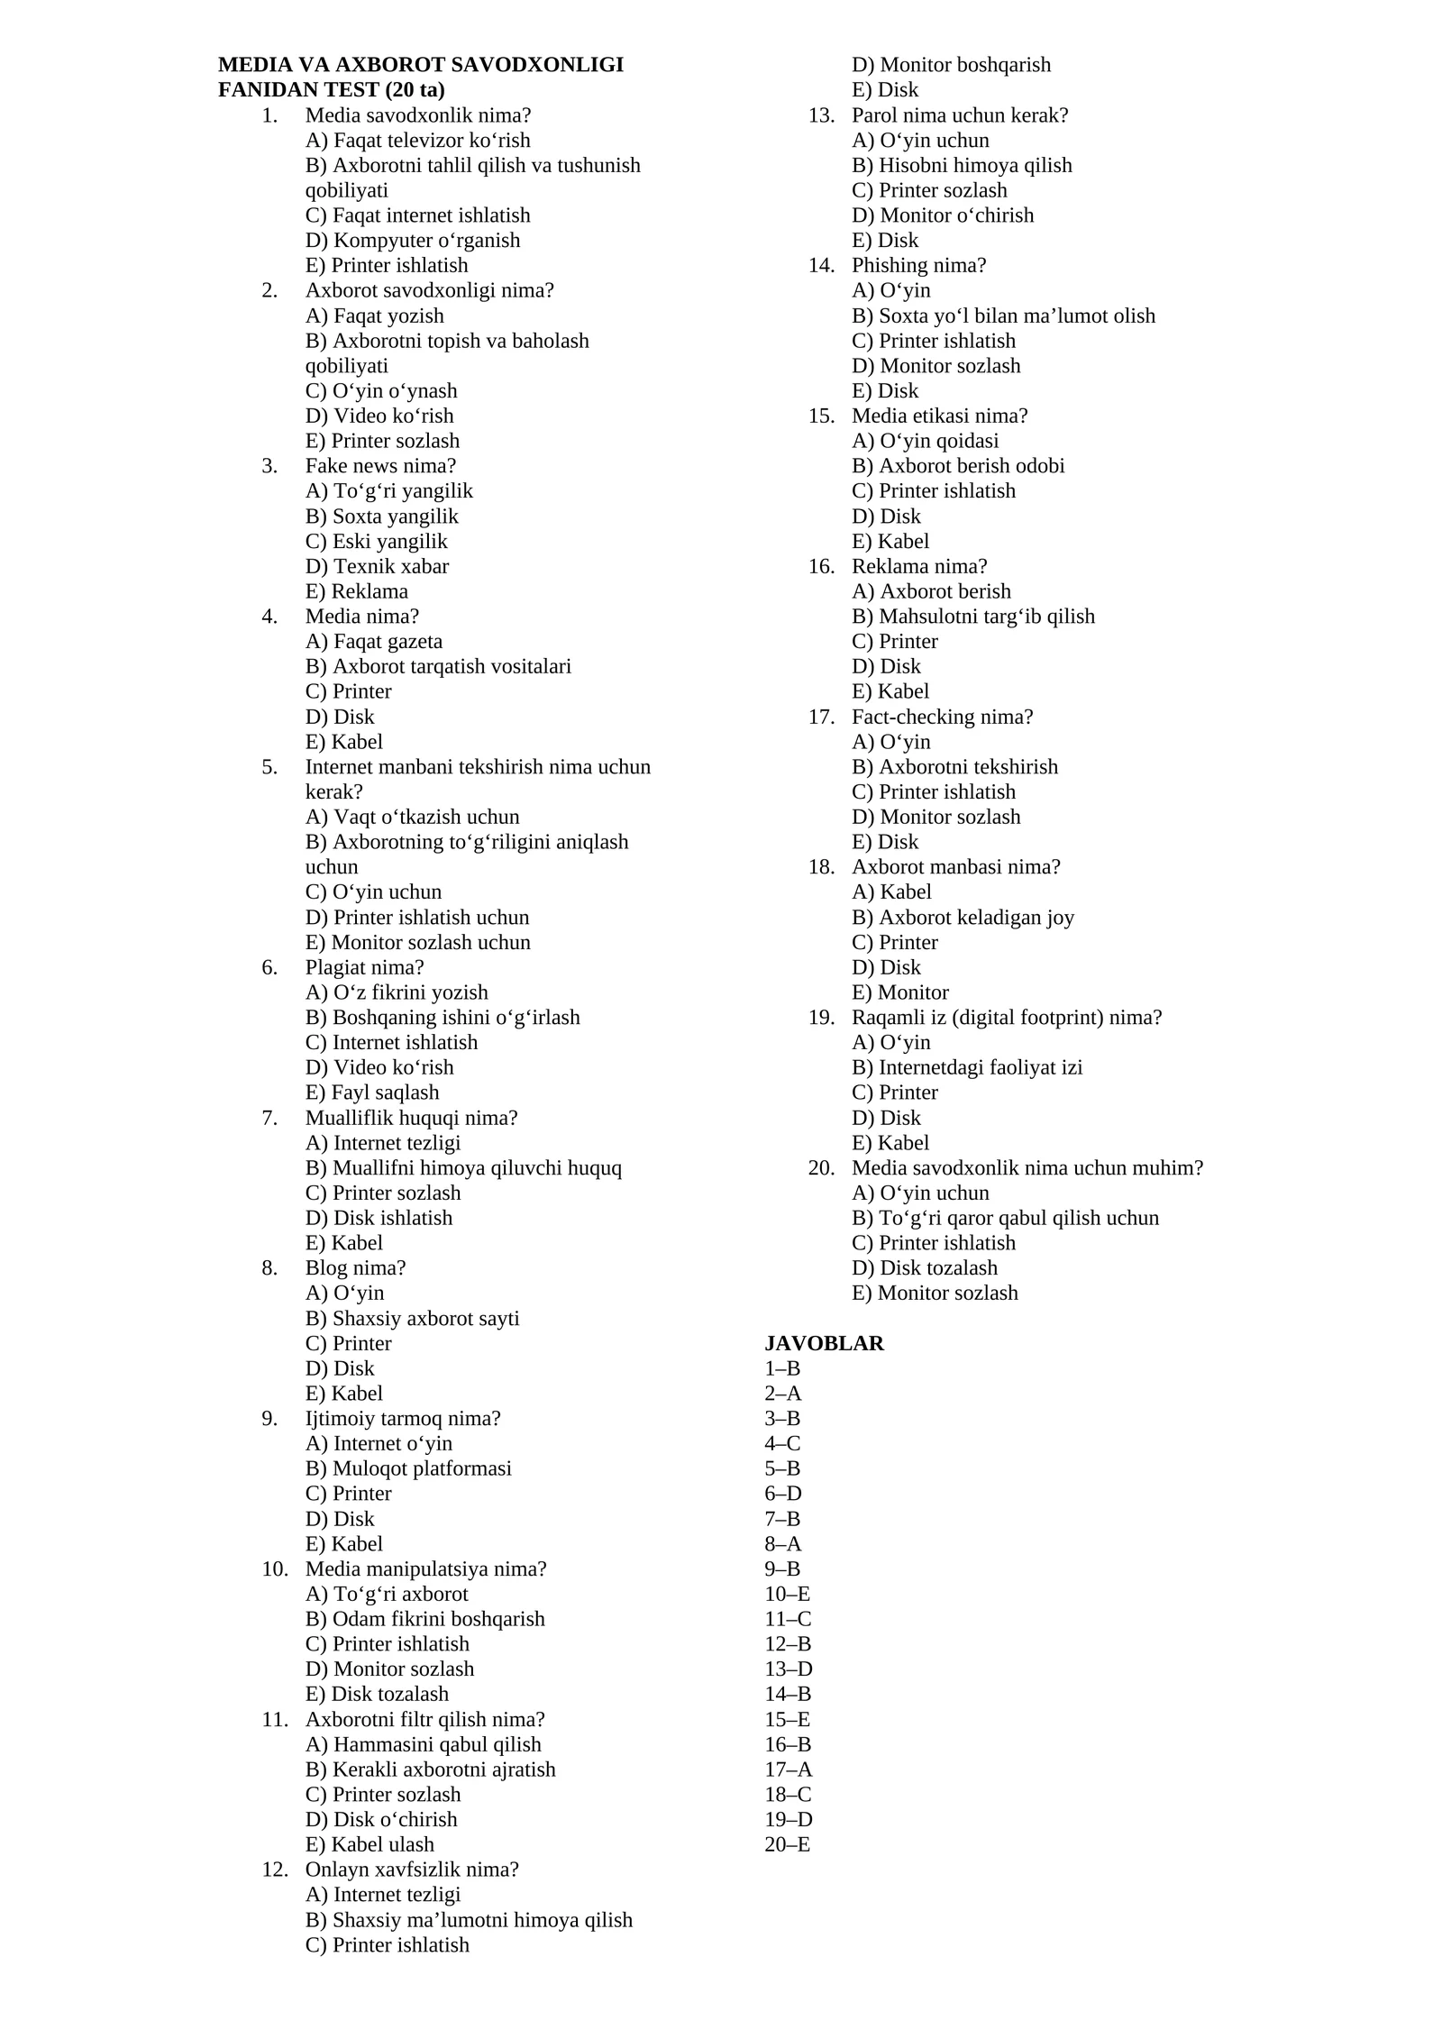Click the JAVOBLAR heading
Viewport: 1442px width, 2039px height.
point(824,1343)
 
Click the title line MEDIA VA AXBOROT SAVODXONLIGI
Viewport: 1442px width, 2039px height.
point(420,65)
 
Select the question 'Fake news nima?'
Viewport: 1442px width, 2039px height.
point(380,466)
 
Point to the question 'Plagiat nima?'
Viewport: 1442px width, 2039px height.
point(364,967)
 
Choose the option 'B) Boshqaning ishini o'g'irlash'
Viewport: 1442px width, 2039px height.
point(443,1018)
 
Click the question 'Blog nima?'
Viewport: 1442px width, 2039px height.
point(355,1267)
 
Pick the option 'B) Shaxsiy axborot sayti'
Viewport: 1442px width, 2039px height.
point(412,1318)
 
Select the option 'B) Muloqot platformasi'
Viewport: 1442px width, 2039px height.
point(408,1468)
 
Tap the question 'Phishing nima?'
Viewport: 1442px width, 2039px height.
point(918,265)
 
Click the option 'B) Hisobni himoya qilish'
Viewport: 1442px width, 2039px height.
point(962,165)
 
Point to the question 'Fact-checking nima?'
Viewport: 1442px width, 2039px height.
point(942,717)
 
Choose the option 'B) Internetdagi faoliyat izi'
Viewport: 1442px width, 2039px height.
point(967,1067)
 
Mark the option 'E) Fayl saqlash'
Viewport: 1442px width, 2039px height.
point(372,1093)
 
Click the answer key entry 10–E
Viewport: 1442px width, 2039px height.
point(787,1594)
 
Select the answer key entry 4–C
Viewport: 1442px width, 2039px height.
point(782,1443)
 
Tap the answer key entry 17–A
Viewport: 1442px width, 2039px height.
point(788,1769)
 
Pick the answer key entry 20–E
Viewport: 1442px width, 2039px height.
point(787,1844)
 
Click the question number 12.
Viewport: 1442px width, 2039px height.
point(274,1870)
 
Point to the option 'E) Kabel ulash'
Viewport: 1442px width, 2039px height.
point(370,1844)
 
